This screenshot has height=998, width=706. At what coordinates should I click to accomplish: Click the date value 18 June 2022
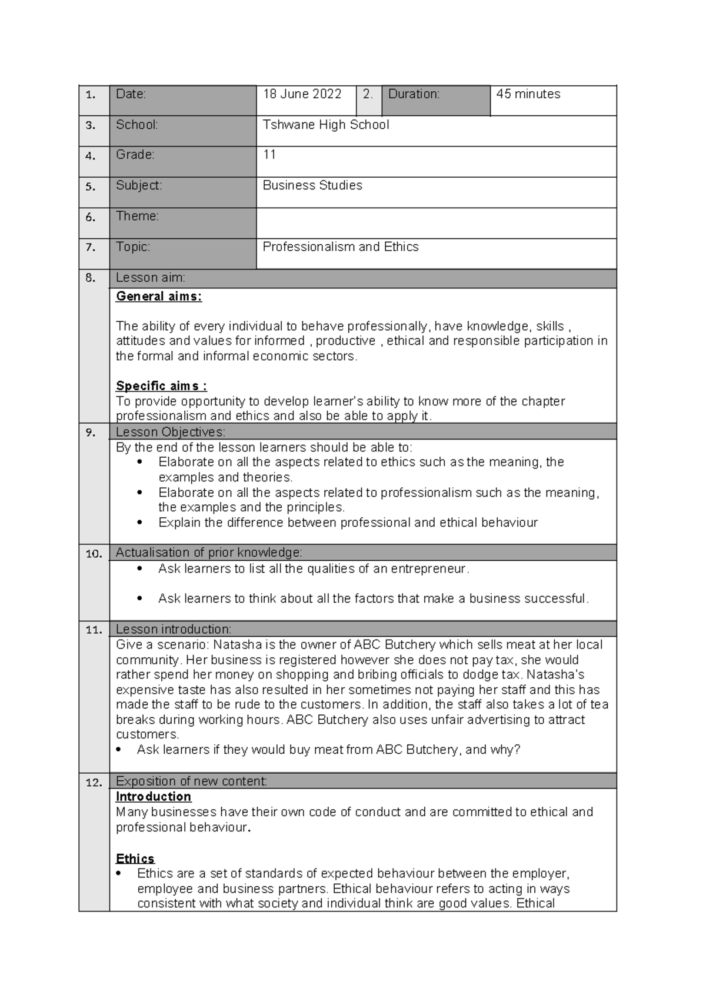pos(302,94)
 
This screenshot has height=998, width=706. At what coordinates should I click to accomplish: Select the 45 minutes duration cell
pos(528,94)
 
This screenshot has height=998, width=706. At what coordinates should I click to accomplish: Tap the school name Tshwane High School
pos(325,125)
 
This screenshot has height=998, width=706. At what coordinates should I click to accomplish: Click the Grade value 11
pos(269,155)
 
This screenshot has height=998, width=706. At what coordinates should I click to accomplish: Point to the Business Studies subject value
pos(312,185)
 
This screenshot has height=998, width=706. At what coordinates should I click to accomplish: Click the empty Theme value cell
pos(435,222)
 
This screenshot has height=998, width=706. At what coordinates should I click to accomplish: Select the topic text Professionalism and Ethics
pos(340,247)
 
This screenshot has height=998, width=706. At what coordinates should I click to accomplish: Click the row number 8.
pos(90,278)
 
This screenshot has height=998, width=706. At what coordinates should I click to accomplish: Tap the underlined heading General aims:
pos(158,297)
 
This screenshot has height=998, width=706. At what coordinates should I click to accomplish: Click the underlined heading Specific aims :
pos(161,386)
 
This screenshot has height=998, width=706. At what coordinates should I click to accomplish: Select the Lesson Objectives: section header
pos(170,432)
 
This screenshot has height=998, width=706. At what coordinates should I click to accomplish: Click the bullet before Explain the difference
pos(139,523)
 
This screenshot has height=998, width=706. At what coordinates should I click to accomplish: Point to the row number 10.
pos(94,554)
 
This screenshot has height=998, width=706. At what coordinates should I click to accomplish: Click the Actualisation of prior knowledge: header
pos(209,553)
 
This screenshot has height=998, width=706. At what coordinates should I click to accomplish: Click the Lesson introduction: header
pos(173,629)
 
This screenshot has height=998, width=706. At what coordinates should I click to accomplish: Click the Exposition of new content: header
pos(191,781)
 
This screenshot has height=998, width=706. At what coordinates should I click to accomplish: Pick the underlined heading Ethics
pos(135,859)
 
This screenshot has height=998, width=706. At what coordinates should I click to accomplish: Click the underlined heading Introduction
pos(153,797)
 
